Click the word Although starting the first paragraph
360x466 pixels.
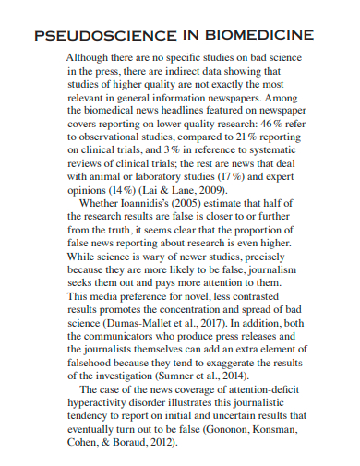(x=90, y=56)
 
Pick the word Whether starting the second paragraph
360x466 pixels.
(x=102, y=202)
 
